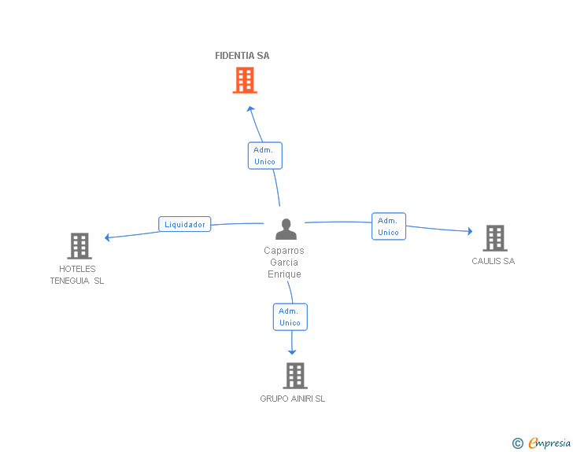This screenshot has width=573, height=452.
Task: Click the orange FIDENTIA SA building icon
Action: tap(245, 80)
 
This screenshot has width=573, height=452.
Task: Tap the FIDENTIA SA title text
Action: tap(242, 56)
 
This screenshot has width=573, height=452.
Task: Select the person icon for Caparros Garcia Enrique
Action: tap(286, 229)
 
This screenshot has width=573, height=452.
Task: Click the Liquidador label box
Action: tap(184, 224)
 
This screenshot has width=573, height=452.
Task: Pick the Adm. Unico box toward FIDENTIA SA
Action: tap(265, 156)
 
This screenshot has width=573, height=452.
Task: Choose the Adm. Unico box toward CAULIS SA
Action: tap(389, 226)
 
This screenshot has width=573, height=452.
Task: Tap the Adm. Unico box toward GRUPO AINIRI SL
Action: tap(290, 317)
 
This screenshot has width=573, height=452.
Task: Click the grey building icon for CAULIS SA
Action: tap(495, 238)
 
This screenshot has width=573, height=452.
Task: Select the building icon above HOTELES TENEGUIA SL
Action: tap(79, 246)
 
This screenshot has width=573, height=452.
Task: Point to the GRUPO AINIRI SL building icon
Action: tap(295, 376)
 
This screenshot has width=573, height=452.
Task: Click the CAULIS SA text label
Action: tap(493, 261)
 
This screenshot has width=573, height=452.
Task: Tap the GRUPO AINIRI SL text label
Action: tap(292, 399)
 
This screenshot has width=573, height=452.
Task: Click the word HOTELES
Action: tap(77, 269)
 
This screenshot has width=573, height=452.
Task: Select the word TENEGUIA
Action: tap(69, 281)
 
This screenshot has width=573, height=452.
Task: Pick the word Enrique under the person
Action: tap(284, 274)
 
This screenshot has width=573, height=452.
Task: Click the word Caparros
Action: tap(284, 251)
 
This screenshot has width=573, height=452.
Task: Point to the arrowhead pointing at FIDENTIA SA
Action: tap(250, 108)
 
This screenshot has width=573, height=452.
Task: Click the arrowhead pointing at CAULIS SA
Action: tap(470, 231)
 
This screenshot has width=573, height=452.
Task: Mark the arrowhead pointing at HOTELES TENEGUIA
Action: tap(107, 237)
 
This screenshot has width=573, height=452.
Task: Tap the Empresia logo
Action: tap(542, 443)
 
